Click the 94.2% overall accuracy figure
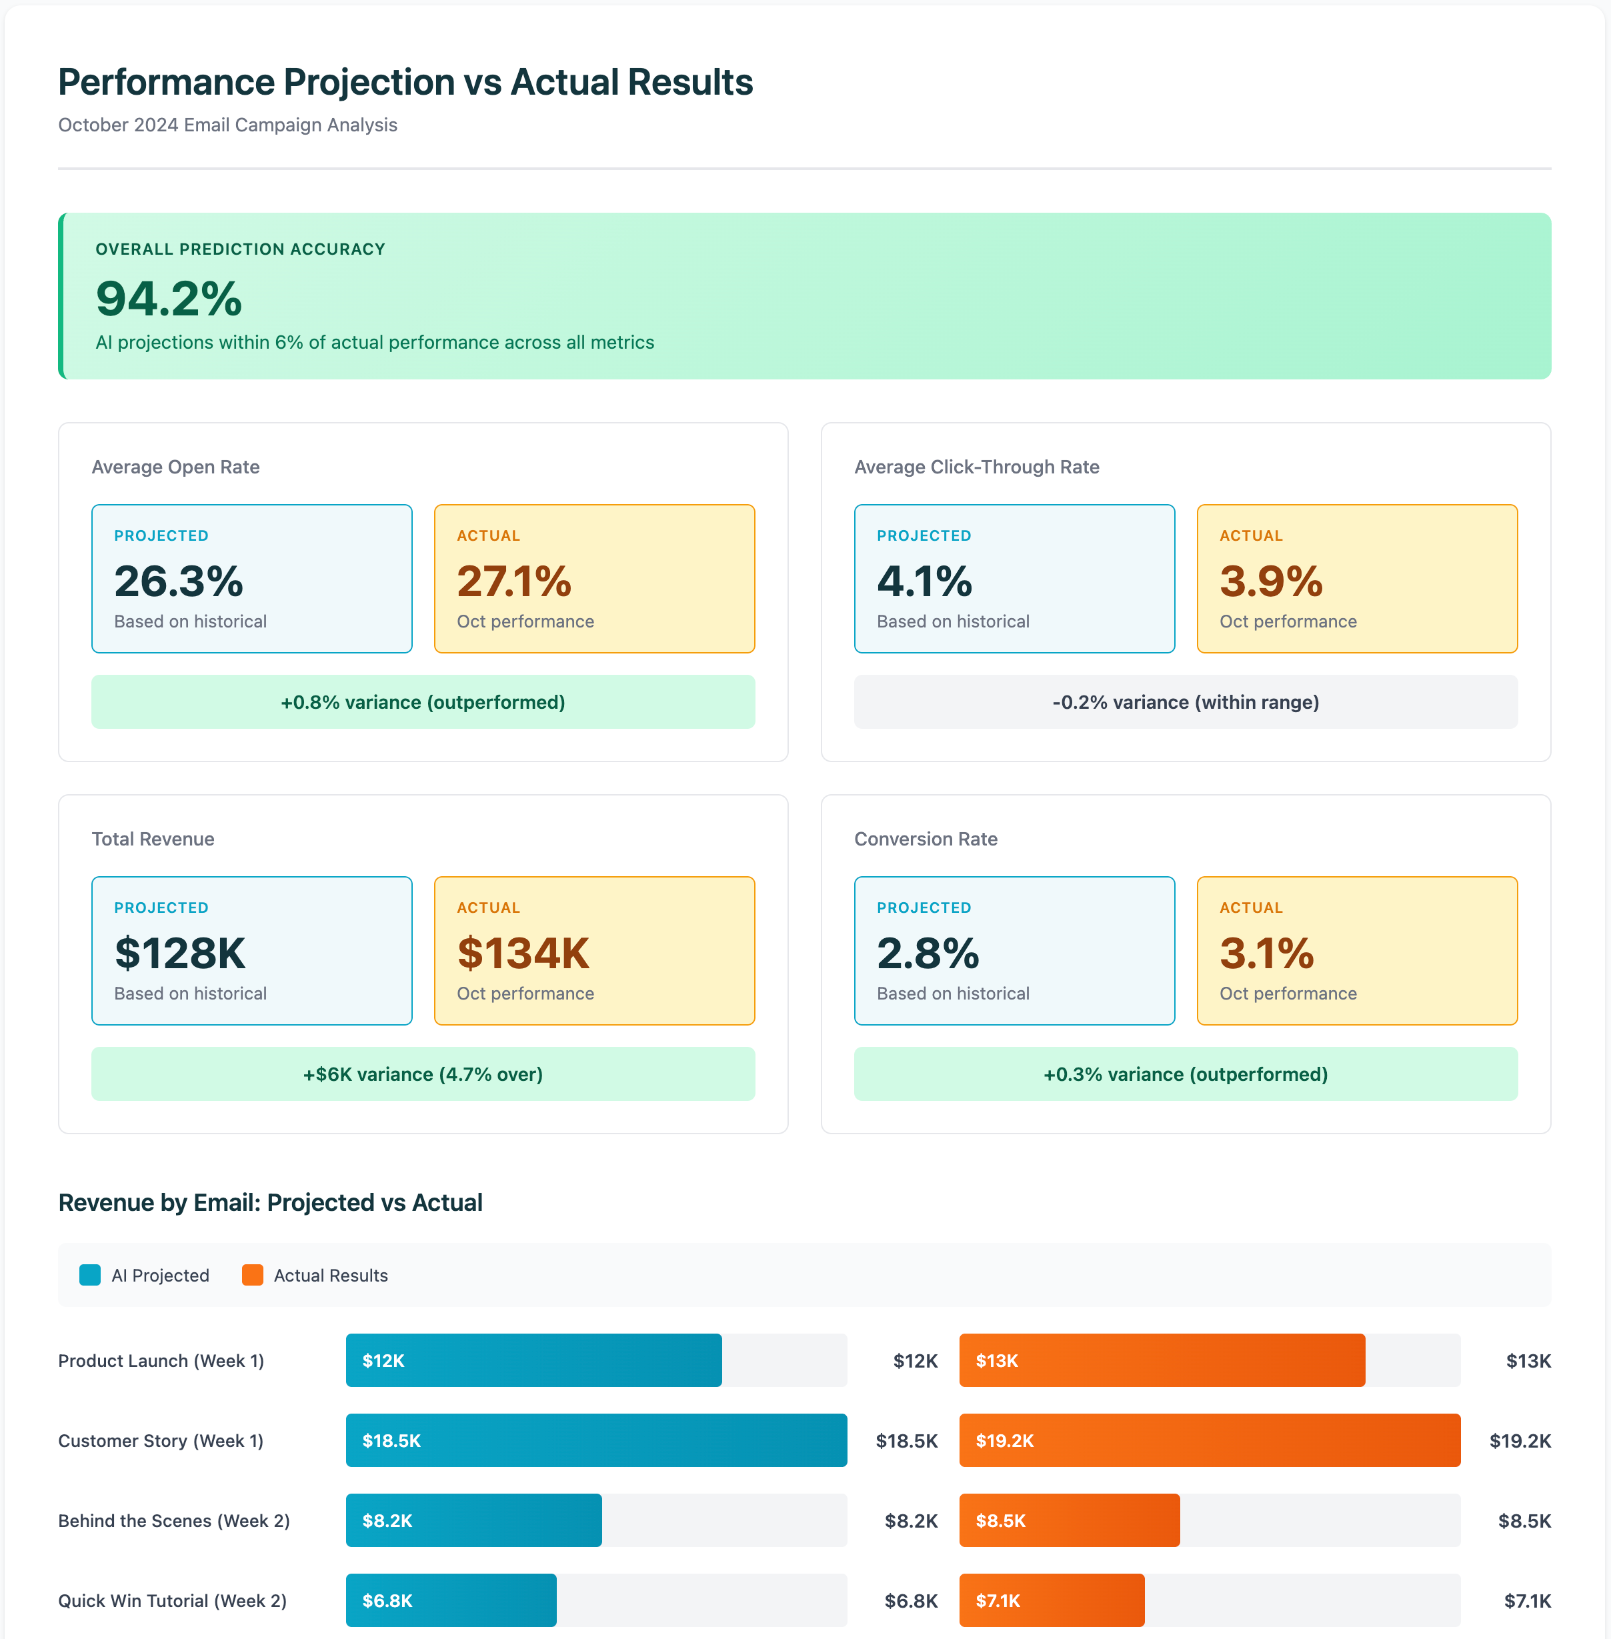pyautogui.click(x=169, y=299)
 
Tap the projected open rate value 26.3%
pyautogui.click(x=179, y=581)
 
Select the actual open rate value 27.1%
pyautogui.click(x=513, y=581)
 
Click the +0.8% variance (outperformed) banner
pyautogui.click(x=423, y=702)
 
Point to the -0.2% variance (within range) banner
pyautogui.click(x=1186, y=702)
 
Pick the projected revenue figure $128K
pyautogui.click(x=179, y=954)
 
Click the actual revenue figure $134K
pyautogui.click(x=523, y=954)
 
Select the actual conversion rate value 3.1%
pyautogui.click(x=1267, y=954)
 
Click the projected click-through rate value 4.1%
pyautogui.click(x=924, y=581)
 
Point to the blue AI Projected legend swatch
pyautogui.click(x=90, y=1275)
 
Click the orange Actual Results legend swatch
pyautogui.click(x=252, y=1275)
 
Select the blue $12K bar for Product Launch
pyautogui.click(x=533, y=1361)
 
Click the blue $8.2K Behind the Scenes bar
pyautogui.click(x=474, y=1520)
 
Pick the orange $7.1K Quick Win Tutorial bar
pyautogui.click(x=1052, y=1600)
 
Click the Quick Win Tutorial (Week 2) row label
pyautogui.click(x=173, y=1601)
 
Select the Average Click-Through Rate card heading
pyautogui.click(x=976, y=467)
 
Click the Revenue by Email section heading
pyautogui.click(x=270, y=1202)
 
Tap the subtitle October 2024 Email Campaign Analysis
pyautogui.click(x=227, y=125)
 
